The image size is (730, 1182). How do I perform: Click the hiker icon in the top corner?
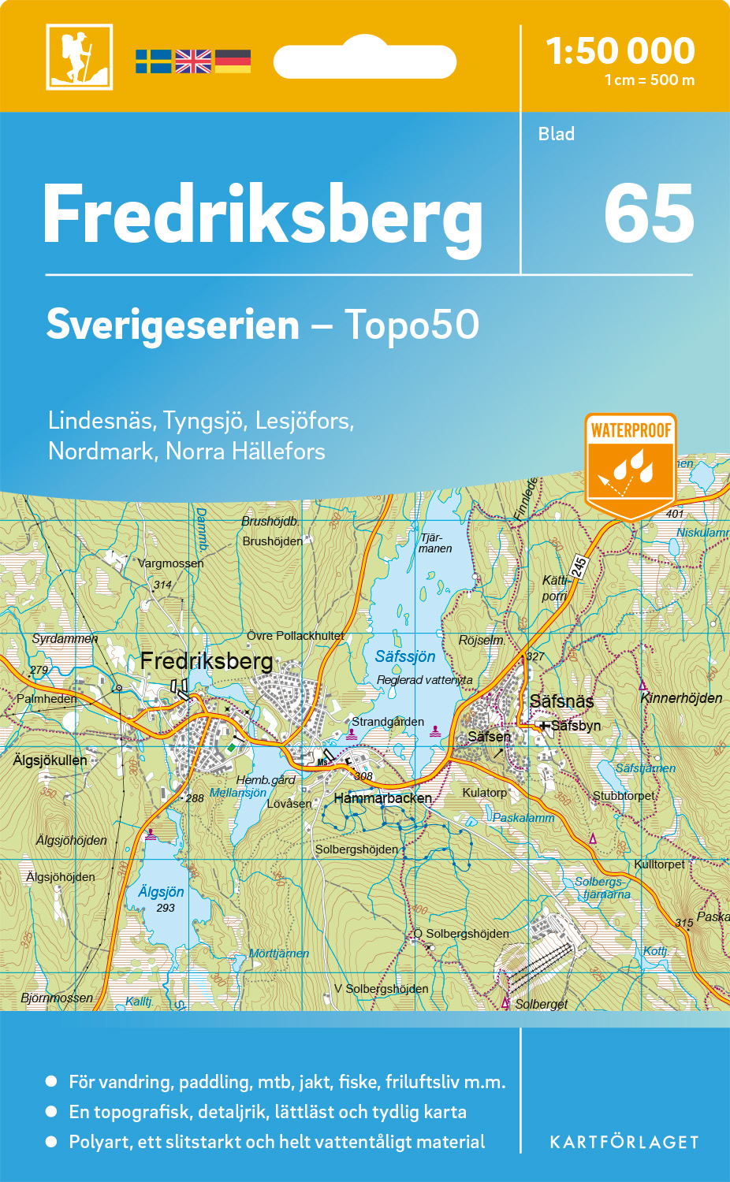[x=79, y=57]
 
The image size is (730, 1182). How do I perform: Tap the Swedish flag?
[x=153, y=61]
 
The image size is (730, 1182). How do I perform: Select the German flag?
[x=233, y=61]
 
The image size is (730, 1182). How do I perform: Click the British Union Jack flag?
[x=193, y=61]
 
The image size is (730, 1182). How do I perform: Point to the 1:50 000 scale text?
[x=620, y=52]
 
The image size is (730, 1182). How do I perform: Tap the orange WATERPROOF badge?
[x=631, y=465]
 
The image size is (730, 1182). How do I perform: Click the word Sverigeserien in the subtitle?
[x=173, y=325]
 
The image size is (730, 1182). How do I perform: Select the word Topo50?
[x=412, y=325]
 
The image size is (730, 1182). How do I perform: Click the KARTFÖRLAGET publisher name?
[x=624, y=1143]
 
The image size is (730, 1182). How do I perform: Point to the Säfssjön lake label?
[x=404, y=656]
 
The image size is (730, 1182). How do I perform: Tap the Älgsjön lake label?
[x=161, y=892]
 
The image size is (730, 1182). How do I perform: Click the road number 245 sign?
[x=579, y=567]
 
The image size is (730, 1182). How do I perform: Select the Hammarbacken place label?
[x=382, y=798]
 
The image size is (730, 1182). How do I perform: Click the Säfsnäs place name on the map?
[x=561, y=701]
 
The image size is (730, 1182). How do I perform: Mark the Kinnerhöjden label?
[x=681, y=698]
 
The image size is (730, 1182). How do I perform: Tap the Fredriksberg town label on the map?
[x=207, y=661]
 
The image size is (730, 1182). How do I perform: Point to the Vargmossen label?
[x=170, y=563]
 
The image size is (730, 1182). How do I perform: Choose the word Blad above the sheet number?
[x=556, y=134]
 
